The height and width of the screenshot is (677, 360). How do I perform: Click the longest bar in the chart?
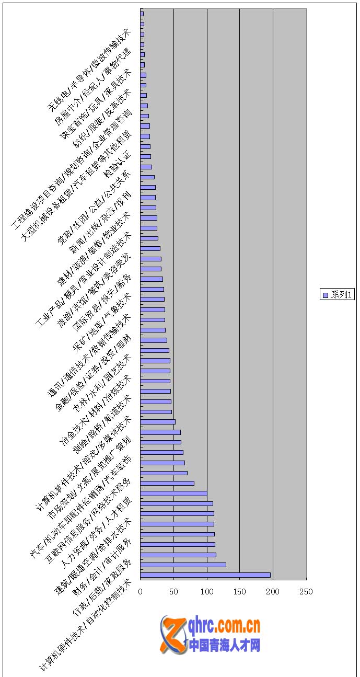pyautogui.click(x=205, y=575)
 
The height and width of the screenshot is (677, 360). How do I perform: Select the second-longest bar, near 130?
pyautogui.click(x=183, y=565)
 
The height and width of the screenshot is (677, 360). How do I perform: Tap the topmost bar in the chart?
pyautogui.click(x=142, y=14)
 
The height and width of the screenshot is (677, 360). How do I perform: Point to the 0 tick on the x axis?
pyautogui.click(x=141, y=591)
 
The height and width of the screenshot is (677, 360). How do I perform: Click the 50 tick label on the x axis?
pyautogui.click(x=173, y=591)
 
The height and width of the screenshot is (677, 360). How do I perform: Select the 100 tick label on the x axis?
pyautogui.click(x=207, y=591)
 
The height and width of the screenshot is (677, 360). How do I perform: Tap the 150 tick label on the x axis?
pyautogui.click(x=240, y=591)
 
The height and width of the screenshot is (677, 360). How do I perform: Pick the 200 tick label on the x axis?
pyautogui.click(x=273, y=591)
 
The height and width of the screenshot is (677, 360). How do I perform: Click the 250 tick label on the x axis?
pyautogui.click(x=306, y=591)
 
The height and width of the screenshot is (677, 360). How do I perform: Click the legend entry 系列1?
pyautogui.click(x=338, y=295)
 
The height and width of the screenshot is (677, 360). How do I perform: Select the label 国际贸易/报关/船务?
pyautogui.click(x=103, y=302)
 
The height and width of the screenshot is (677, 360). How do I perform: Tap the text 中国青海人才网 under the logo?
pyautogui.click(x=225, y=645)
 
